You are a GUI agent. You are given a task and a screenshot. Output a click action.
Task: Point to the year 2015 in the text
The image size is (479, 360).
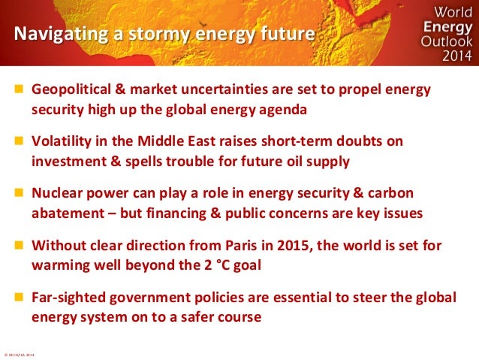316,247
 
